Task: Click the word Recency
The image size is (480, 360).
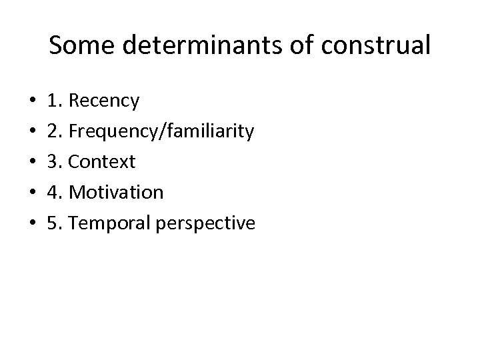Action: point(104,101)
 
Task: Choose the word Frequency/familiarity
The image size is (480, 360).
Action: point(161,132)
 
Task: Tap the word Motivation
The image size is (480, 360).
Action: point(116,193)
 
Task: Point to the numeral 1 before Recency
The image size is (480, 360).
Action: point(53,101)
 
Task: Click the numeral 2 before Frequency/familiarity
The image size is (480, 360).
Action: point(53,132)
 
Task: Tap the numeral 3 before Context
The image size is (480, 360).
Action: point(53,162)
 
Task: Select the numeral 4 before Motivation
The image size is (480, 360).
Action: point(53,193)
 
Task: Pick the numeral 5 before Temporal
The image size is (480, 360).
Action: point(53,223)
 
